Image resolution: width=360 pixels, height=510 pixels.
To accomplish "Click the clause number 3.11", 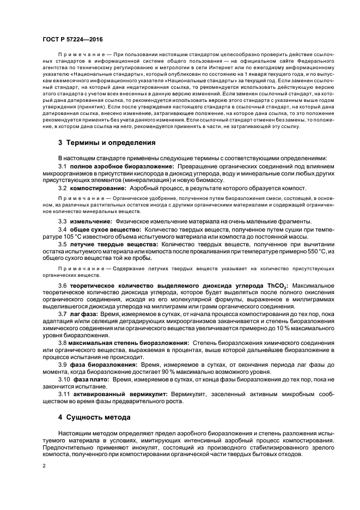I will click(x=64, y=393).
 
